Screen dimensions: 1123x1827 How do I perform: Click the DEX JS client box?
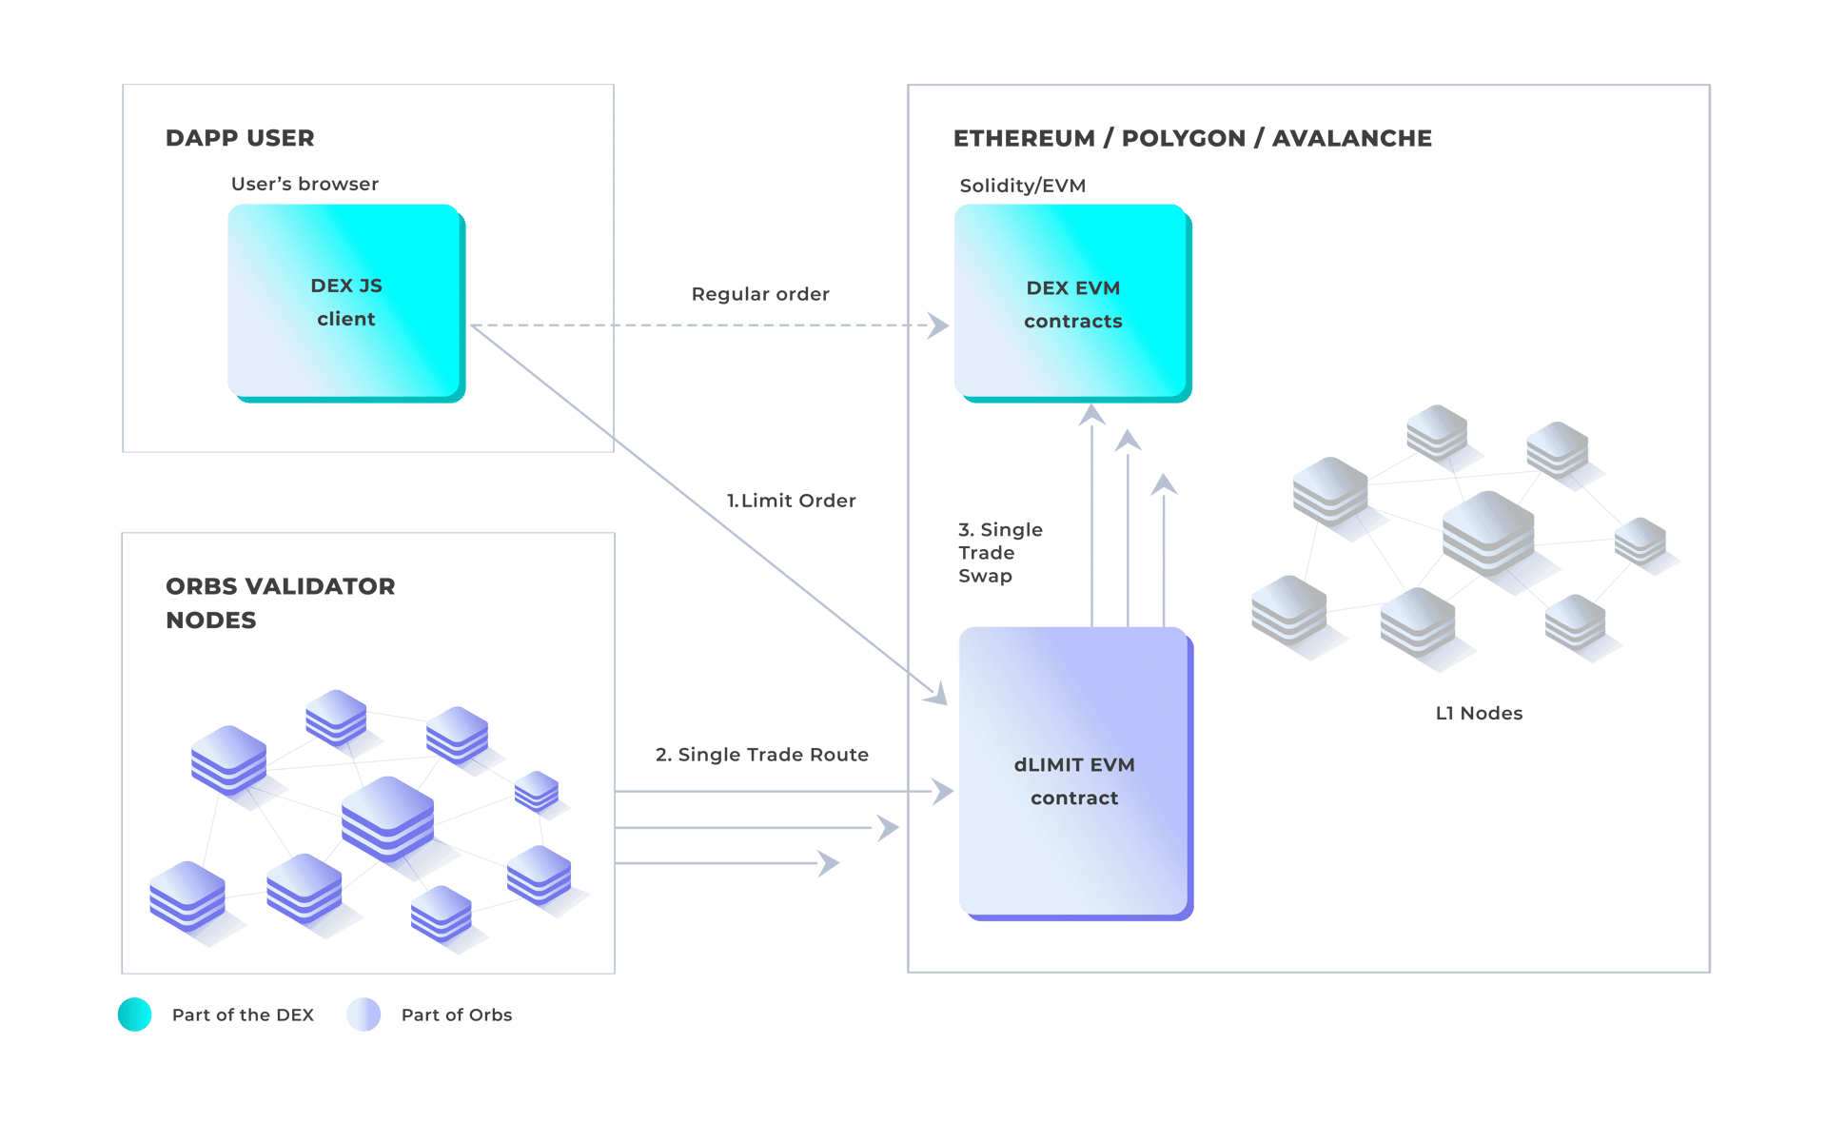(345, 302)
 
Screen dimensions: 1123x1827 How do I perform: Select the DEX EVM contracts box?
(1072, 303)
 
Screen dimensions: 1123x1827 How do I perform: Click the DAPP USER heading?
(240, 138)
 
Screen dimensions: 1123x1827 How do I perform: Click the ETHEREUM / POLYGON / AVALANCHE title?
(1192, 138)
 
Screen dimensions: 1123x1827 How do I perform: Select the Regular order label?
(760, 294)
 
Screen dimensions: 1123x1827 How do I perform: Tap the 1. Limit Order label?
(792, 501)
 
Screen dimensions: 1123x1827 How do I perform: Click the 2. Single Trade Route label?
(762, 755)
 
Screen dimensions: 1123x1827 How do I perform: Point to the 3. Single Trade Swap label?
(999, 552)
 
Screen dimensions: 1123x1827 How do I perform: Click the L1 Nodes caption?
(1479, 713)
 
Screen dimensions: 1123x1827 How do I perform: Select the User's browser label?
(304, 184)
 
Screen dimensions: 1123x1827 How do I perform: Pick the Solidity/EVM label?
(1022, 186)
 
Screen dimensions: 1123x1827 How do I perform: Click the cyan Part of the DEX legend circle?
(135, 1015)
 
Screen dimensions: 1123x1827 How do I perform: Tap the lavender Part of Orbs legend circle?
(363, 1015)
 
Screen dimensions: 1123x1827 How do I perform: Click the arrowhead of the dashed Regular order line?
(940, 325)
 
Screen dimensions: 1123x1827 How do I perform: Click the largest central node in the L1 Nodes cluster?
(1487, 533)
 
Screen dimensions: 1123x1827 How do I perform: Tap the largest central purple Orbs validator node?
(388, 817)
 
